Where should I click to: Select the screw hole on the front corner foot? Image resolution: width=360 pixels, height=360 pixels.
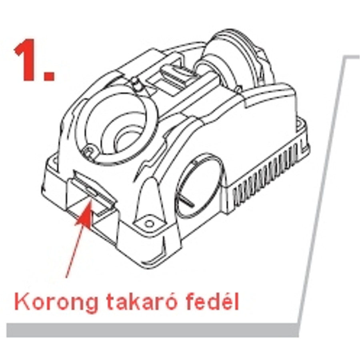149,223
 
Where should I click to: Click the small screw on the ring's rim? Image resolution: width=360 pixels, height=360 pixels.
89,152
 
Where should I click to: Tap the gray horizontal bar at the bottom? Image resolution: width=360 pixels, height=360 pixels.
153,330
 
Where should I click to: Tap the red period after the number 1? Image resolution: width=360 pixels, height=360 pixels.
49,75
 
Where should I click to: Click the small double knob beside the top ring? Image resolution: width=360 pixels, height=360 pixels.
136,84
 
